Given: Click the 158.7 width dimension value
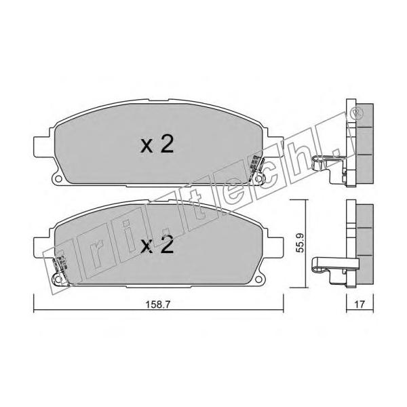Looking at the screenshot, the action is pyautogui.click(x=157, y=305).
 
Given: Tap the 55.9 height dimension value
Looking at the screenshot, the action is pyautogui.click(x=300, y=243).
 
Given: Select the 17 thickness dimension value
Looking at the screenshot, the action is pyautogui.click(x=360, y=304).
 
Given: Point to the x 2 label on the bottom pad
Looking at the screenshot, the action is pyautogui.click(x=157, y=246).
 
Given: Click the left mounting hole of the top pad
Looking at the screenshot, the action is pyautogui.click(x=58, y=178).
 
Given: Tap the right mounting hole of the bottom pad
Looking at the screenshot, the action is pyautogui.click(x=258, y=279).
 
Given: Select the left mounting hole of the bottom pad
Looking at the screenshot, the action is pyautogui.click(x=58, y=279).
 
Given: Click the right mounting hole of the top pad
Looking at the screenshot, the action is pyautogui.click(x=258, y=178).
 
